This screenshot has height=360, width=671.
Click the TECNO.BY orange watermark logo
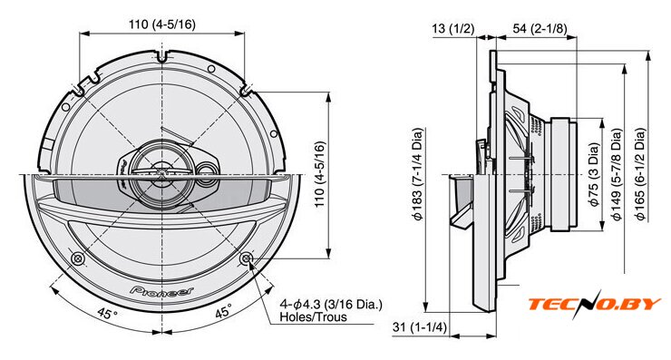pos(595,304)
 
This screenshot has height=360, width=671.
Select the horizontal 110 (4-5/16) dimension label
pos(162,24)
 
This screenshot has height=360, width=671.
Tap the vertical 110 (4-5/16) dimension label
pos(320,175)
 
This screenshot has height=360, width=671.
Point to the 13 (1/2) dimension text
pos(453,29)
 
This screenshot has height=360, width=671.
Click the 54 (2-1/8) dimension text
pos(540,29)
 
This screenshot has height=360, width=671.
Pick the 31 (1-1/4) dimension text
pos(419,327)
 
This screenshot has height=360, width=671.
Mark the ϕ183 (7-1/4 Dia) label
pos(418,174)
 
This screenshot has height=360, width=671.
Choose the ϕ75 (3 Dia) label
pos(595,175)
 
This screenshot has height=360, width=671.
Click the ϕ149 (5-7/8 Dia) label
pos(618,175)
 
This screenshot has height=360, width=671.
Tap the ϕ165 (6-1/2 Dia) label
pos(640,175)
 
